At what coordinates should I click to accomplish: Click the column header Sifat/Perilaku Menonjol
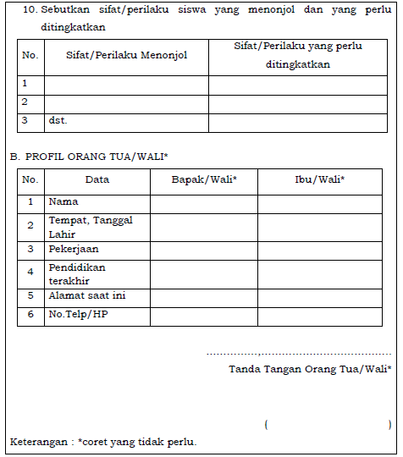[x=126, y=55]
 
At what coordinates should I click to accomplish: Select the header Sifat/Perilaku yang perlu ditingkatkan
[x=297, y=55]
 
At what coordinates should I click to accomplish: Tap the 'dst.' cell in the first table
[x=58, y=121]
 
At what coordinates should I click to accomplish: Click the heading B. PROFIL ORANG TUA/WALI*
[x=89, y=157]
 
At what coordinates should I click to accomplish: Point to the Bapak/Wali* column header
[x=204, y=179]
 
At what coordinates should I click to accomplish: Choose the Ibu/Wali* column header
[x=318, y=179]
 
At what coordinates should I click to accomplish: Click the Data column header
[x=97, y=179]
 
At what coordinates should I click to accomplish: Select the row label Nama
[x=63, y=202]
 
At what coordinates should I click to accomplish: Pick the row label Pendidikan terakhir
[x=77, y=273]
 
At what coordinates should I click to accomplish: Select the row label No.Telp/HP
[x=79, y=316]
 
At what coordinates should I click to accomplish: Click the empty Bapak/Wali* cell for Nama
[x=204, y=203]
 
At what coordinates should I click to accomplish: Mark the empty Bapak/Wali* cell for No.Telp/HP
[x=204, y=317]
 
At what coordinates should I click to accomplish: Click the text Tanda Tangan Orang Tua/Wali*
[x=310, y=369]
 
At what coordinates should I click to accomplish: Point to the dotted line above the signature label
[x=299, y=354]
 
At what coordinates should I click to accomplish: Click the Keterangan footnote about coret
[x=103, y=443]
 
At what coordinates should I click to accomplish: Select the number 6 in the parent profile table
[x=30, y=316]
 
